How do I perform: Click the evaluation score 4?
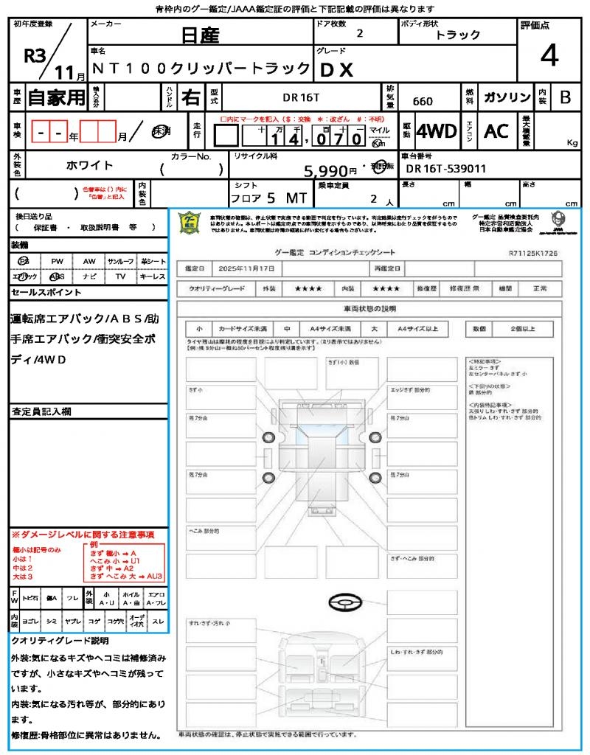click(x=548, y=56)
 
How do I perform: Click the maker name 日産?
click(x=201, y=35)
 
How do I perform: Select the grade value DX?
click(x=336, y=70)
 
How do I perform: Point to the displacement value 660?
click(x=423, y=101)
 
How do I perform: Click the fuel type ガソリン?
click(x=507, y=97)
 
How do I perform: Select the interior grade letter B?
click(x=565, y=97)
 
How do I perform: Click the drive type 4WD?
click(x=437, y=131)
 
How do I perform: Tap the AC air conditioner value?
click(x=496, y=131)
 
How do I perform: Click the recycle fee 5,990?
click(x=328, y=171)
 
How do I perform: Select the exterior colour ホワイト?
click(x=91, y=165)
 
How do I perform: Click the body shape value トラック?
click(x=458, y=35)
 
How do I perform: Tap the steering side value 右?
click(x=191, y=97)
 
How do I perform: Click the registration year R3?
click(x=35, y=56)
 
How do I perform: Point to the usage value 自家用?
click(x=57, y=97)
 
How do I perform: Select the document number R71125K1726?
click(x=532, y=253)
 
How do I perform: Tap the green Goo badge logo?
click(x=190, y=223)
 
